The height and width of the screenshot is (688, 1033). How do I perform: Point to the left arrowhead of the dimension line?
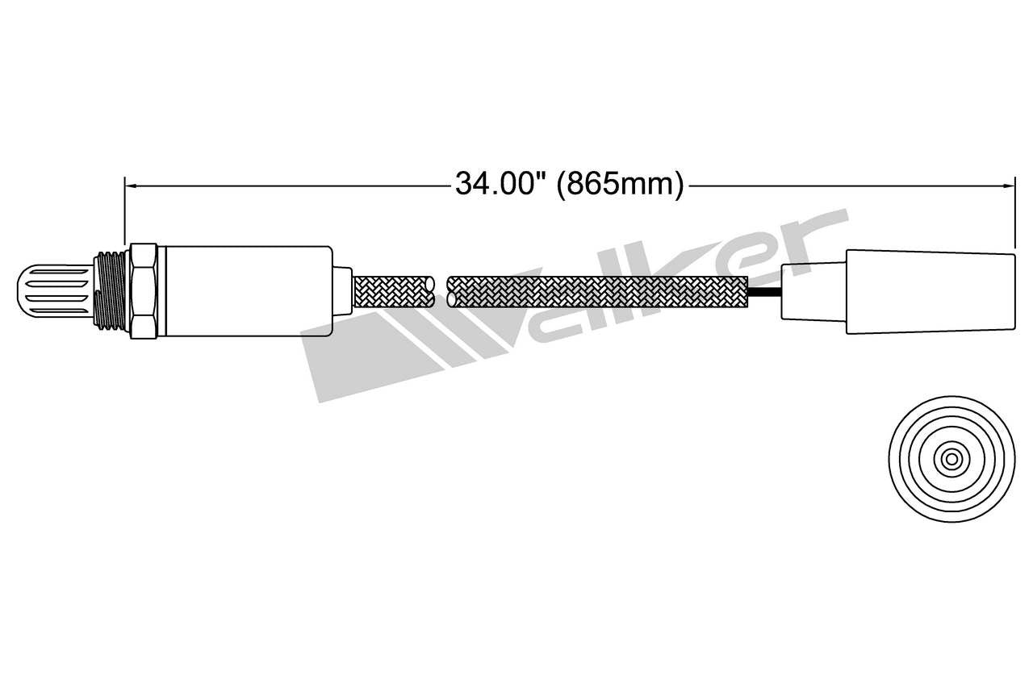(130, 186)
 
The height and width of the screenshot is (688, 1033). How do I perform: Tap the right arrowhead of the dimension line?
(1009, 186)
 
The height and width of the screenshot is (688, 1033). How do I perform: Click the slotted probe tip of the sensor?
(52, 291)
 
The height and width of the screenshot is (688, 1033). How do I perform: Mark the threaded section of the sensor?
(110, 291)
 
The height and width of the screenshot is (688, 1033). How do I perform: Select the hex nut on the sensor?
(143, 291)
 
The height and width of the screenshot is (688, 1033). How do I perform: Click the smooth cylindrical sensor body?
(246, 291)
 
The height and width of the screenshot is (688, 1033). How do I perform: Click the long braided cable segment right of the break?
(597, 291)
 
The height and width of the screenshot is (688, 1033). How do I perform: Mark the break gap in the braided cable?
(441, 291)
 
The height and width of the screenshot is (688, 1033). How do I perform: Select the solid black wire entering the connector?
(765, 291)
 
